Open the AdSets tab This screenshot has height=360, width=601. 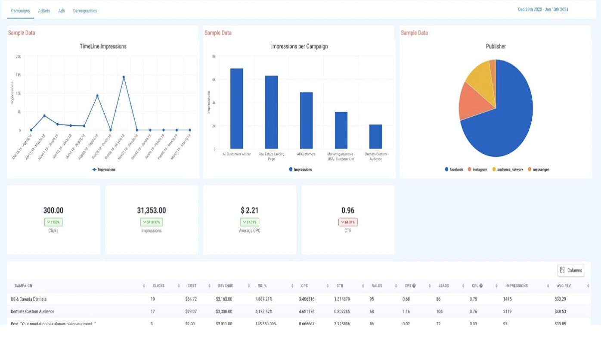tap(44, 11)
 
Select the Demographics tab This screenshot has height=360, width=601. tap(85, 11)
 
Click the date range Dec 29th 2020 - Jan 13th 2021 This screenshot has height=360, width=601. tap(543, 9)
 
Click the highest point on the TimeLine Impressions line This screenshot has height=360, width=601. tap(124, 77)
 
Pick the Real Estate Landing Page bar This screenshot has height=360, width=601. tap(271, 112)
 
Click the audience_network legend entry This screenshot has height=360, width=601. tap(510, 170)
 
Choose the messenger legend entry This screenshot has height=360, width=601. tap(541, 170)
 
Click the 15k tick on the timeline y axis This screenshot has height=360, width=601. tap(18, 75)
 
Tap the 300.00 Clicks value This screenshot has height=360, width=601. tap(53, 211)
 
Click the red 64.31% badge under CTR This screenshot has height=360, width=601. tap(348, 222)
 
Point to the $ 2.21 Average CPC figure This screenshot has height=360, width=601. tap(250, 211)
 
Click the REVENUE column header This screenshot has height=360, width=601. tap(226, 286)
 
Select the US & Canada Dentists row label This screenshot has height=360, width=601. tap(29, 299)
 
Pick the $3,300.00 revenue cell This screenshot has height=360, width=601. tap(224, 311)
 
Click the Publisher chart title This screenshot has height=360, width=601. tap(496, 47)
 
